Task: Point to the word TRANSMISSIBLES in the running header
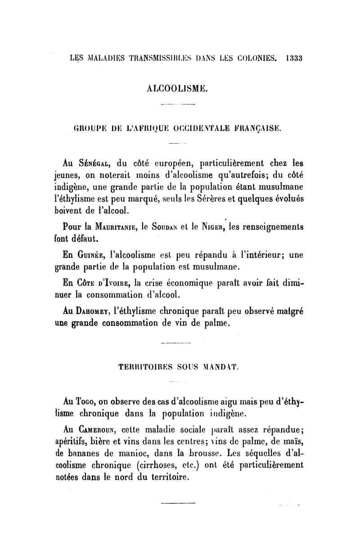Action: [153, 58]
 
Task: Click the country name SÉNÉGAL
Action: [93, 163]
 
